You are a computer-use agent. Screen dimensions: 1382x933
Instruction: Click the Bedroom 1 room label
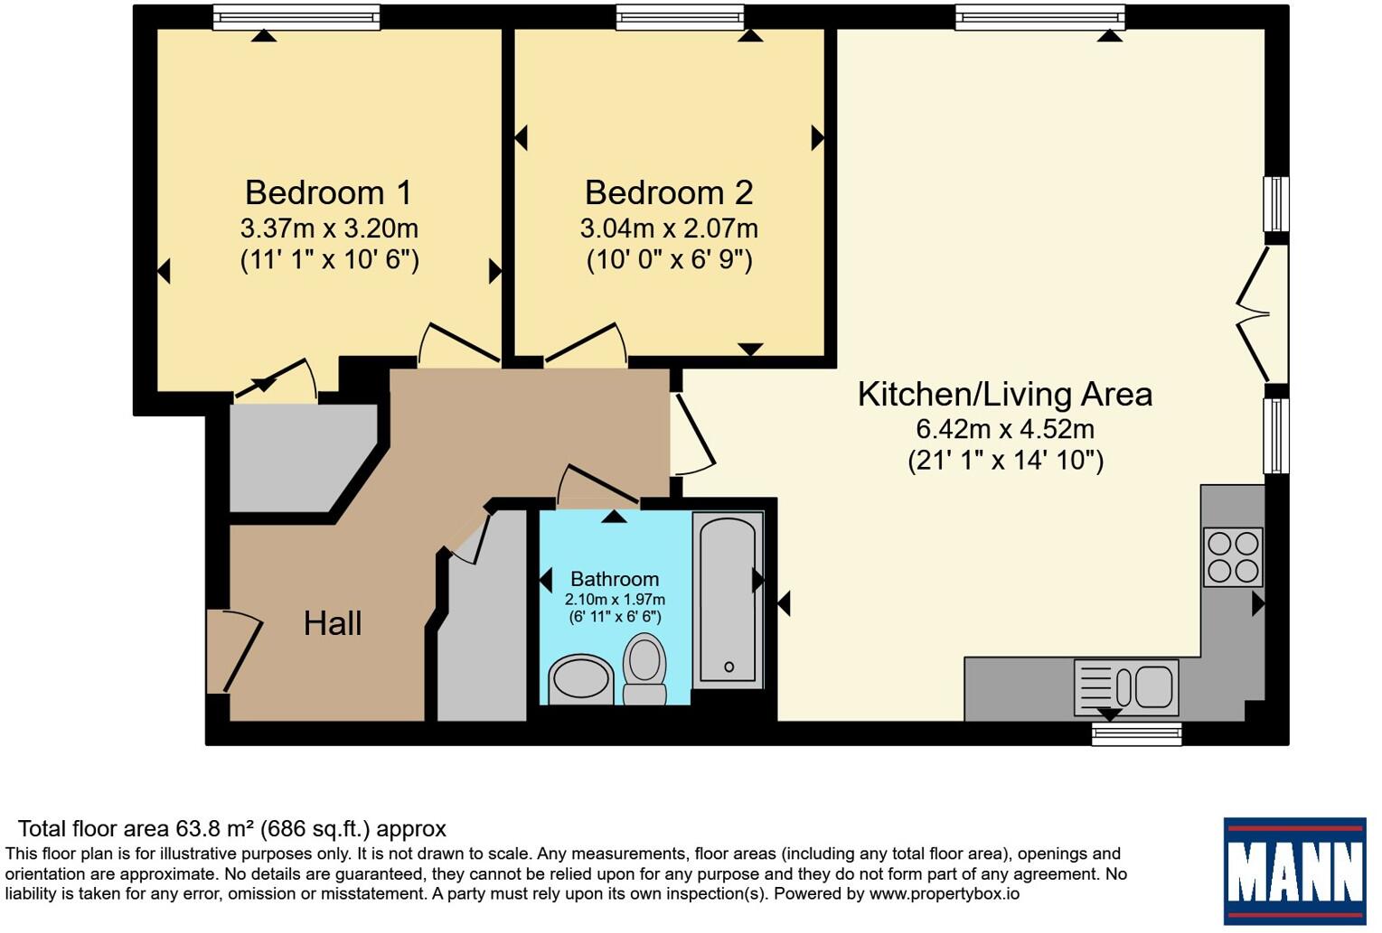pos(328,192)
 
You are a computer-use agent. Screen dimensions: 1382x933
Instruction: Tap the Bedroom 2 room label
pos(669,192)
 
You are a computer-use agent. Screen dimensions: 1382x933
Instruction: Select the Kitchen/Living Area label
pos(1005,395)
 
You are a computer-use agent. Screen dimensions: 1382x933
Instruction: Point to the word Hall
pos(333,623)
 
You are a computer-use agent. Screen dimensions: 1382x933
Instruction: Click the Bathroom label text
pos(615,579)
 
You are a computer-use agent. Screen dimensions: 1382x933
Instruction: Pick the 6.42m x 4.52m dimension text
pos(1006,429)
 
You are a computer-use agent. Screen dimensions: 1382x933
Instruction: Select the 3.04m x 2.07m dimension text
pos(669,229)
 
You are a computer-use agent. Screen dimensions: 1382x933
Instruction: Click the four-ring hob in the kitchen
pos(1233,557)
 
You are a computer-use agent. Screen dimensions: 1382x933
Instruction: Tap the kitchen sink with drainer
pos(1126,687)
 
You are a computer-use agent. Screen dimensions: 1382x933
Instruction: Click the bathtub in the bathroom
pos(728,600)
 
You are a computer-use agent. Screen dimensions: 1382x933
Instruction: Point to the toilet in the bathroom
pos(644,669)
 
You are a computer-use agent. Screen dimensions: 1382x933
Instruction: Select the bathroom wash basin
pos(581,679)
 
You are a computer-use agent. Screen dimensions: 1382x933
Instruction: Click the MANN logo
pos(1294,871)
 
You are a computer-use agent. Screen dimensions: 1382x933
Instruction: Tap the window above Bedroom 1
pos(296,17)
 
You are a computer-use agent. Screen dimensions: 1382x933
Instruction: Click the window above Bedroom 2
pos(680,17)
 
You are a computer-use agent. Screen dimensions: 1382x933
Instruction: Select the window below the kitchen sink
pos(1136,734)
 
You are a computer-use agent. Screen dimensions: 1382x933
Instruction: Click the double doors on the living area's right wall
pos(1263,314)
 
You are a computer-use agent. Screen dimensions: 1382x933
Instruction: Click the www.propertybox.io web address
pos(944,893)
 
